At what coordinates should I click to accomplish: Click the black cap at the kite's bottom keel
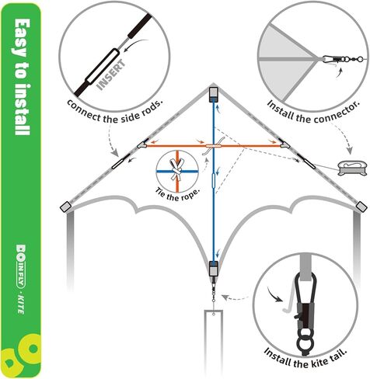click(x=214, y=269)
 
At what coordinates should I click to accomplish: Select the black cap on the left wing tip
click(x=65, y=207)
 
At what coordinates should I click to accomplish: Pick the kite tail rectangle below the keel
click(x=214, y=342)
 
